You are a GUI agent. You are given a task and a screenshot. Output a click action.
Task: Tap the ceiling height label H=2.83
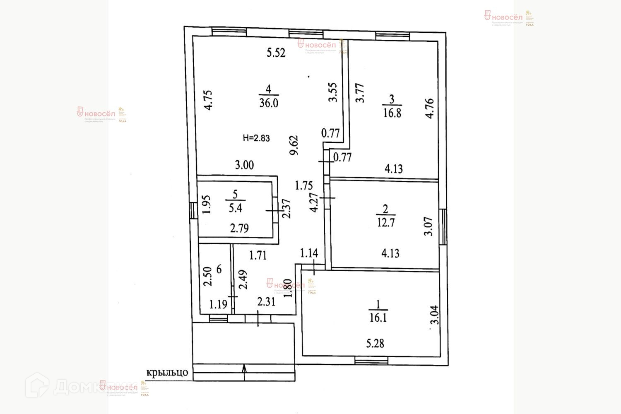click(x=256, y=138)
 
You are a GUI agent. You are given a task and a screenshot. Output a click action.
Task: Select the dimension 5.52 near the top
click(x=276, y=53)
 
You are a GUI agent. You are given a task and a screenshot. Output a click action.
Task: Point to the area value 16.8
click(x=392, y=113)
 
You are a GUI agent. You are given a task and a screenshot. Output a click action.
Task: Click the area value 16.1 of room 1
click(x=378, y=318)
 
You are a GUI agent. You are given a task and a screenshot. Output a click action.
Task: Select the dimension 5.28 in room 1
click(x=375, y=343)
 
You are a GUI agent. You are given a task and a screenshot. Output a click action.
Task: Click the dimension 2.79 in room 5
click(x=239, y=228)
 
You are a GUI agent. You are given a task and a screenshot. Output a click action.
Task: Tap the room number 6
click(x=219, y=269)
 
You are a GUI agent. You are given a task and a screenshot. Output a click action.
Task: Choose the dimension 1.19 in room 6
click(x=218, y=305)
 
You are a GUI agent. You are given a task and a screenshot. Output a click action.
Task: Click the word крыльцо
click(x=167, y=372)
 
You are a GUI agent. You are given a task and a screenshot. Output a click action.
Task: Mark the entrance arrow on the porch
click(x=244, y=369)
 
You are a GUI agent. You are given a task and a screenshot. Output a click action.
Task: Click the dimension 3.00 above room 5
click(x=244, y=165)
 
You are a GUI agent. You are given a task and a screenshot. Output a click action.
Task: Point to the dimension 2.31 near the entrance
click(x=266, y=302)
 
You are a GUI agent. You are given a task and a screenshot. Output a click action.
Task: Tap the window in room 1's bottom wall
click(x=371, y=361)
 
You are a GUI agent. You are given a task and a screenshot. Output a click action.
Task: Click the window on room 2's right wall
click(x=443, y=226)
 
